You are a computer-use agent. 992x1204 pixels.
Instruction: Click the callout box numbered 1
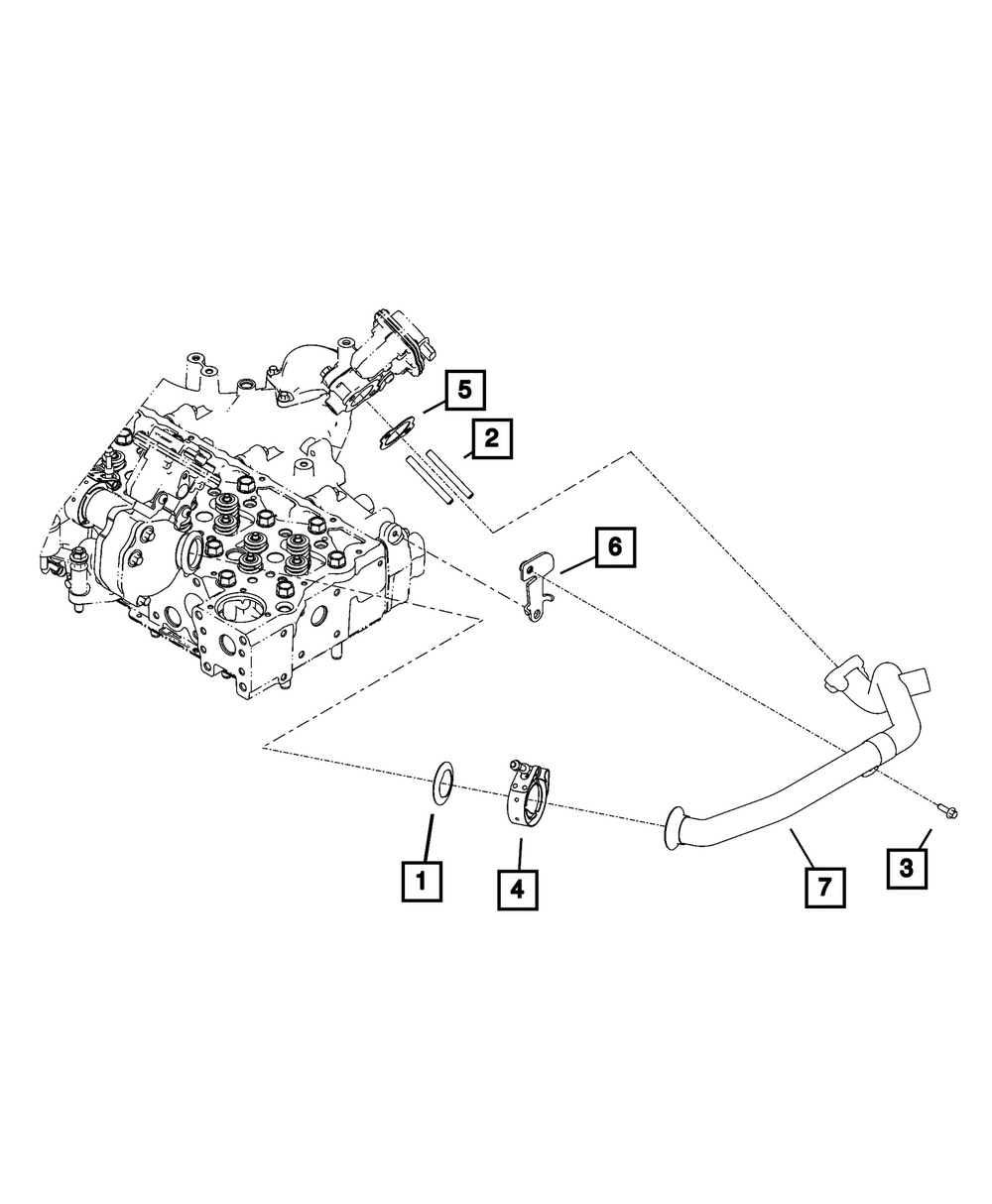pyautogui.click(x=422, y=880)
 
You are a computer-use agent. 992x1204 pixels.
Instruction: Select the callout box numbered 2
pyautogui.click(x=493, y=438)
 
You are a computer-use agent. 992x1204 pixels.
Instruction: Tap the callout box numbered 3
pyautogui.click(x=907, y=868)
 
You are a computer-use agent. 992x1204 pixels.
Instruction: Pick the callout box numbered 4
pyautogui.click(x=517, y=889)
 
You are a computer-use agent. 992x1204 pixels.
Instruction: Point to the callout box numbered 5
pyautogui.click(x=465, y=390)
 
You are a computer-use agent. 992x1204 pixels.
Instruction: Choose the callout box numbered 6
pyautogui.click(x=614, y=546)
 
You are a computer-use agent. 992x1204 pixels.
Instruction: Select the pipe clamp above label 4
pyautogui.click(x=528, y=789)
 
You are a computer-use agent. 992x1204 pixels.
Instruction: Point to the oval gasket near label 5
pyautogui.click(x=398, y=432)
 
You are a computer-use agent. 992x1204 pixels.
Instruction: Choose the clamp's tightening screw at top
pyautogui.click(x=518, y=765)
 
